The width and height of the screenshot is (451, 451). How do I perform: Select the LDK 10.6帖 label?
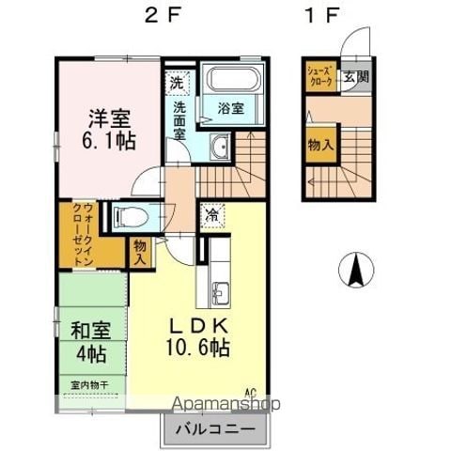[197, 335]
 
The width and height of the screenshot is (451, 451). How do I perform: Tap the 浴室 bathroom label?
[232, 108]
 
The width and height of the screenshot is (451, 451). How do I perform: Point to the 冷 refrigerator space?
[213, 214]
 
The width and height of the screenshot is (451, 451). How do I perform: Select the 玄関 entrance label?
[350, 76]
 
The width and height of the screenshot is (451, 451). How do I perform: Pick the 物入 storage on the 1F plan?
[320, 146]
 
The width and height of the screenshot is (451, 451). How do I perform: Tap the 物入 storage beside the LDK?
[140, 251]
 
